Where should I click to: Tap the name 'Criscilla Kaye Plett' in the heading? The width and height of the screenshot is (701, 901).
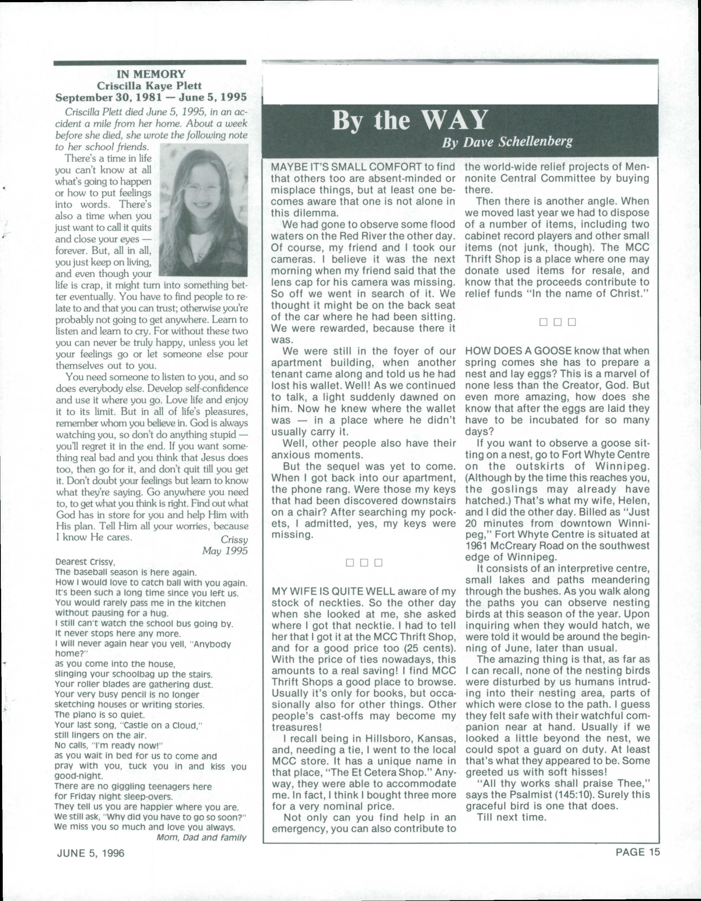pyautogui.click(x=149, y=86)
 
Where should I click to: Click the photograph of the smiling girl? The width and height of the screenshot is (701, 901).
pyautogui.click(x=203, y=210)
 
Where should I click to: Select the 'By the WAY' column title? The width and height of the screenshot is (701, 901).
pyautogui.click(x=409, y=120)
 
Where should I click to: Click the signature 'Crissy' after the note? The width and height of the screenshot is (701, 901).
pyautogui.click(x=234, y=539)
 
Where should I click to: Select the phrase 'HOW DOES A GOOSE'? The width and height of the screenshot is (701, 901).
pyautogui.click(x=518, y=351)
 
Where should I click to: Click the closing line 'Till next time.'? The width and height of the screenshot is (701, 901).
pyautogui.click(x=511, y=817)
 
